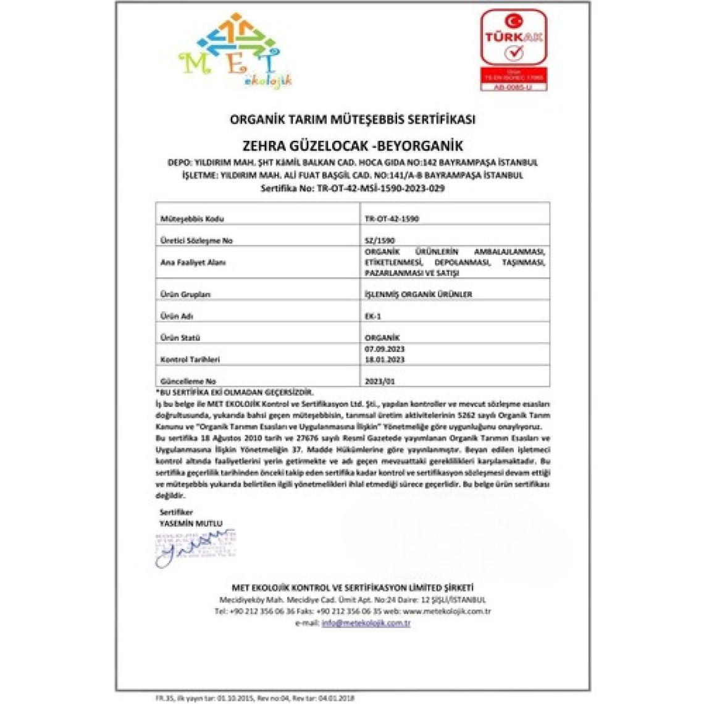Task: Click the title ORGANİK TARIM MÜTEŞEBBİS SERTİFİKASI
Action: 352,119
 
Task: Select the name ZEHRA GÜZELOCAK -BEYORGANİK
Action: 353,146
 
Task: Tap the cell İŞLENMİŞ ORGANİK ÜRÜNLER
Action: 418,294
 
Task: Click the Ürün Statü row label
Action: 180,338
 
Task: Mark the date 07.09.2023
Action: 385,350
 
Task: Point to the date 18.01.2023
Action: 385,359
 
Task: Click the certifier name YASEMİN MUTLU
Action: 191,524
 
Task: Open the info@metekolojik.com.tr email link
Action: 366,623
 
